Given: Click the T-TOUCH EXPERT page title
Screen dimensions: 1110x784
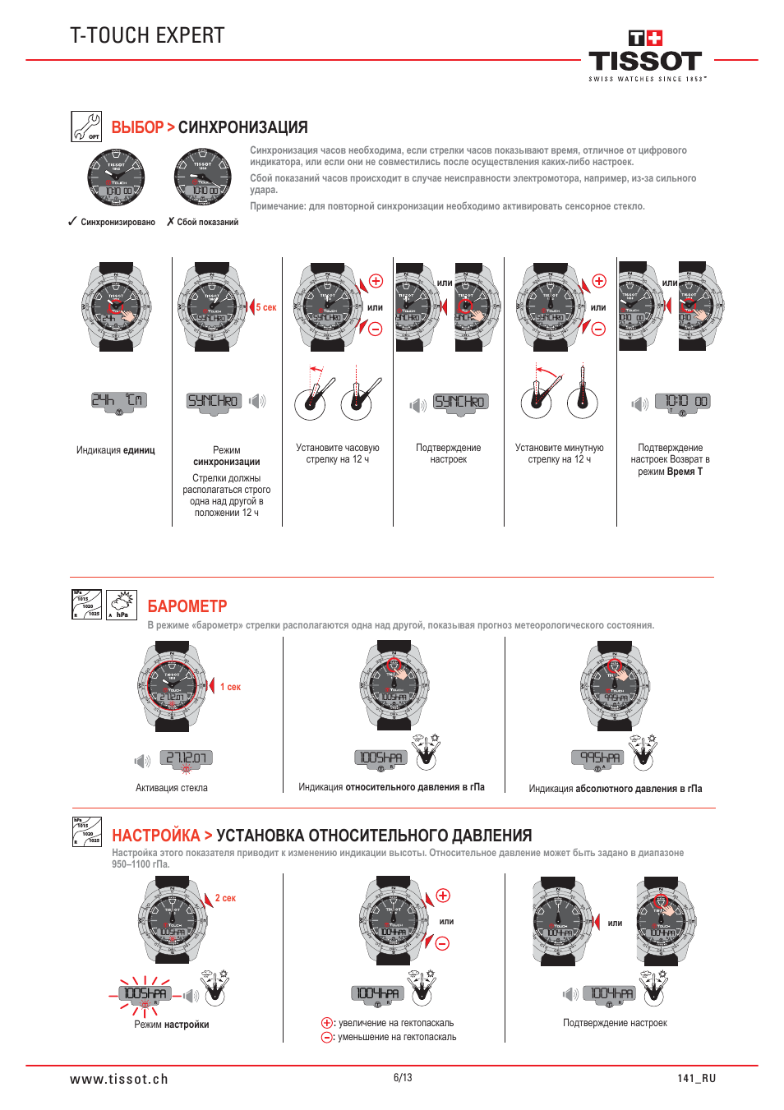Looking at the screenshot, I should coord(147,35).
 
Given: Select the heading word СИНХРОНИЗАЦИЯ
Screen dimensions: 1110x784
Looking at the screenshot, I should coord(243,127).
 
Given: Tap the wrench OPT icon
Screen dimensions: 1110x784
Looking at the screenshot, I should coord(86,127).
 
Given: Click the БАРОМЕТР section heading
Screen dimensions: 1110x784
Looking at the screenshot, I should coord(187,606).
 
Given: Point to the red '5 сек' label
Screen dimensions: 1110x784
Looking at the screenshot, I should coord(266,307).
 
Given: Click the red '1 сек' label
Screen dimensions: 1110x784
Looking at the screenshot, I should coord(231,687).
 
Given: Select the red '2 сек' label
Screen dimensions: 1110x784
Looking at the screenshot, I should coord(225,898).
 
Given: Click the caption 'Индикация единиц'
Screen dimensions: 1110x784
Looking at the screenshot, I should coord(116,450).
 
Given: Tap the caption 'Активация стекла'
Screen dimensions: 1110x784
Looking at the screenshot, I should coord(172,788).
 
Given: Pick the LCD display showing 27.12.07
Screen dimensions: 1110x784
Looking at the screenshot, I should coord(187,758).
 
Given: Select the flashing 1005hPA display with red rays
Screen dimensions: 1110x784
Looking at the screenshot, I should coord(145,993).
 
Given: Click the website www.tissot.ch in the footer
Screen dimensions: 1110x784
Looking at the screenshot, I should coord(119,1079).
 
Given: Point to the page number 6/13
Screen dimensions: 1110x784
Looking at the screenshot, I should coord(403,1077).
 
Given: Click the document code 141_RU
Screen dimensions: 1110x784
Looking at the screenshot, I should coord(697,1079).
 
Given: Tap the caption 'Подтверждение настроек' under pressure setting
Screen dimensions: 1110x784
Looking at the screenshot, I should coord(615,1023).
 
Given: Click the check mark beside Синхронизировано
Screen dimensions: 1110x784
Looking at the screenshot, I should coord(72,222).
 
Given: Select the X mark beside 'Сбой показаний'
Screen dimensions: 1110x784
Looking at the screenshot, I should coord(170,222).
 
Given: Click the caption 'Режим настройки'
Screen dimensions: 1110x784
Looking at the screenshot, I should coord(172,1025).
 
